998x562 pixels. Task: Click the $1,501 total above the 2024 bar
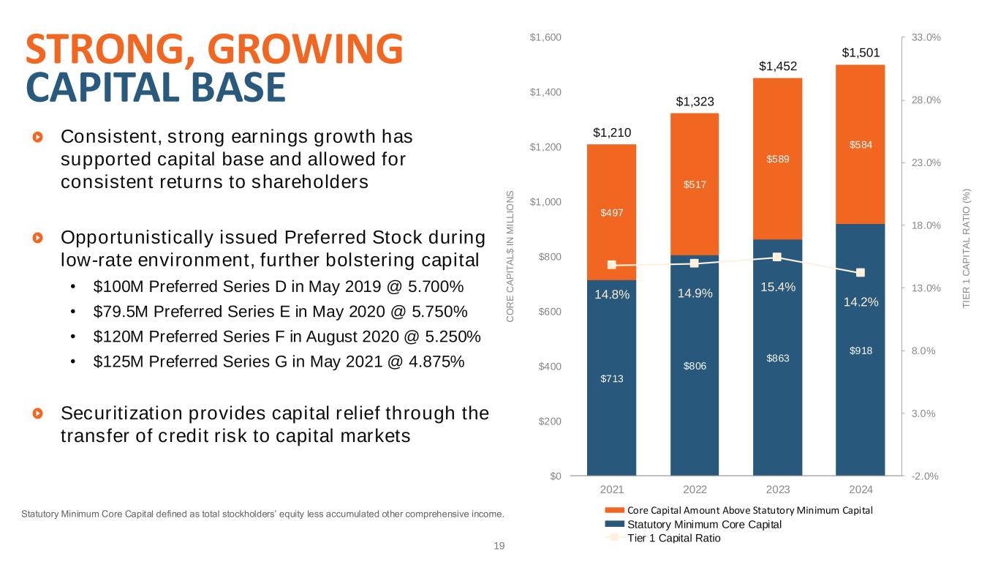860,53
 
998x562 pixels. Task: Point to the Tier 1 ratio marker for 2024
861,272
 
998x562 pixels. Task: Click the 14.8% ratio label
611,294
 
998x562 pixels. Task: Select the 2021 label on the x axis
611,488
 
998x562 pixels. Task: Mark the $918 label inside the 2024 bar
860,350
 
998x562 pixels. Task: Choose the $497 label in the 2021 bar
611,212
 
